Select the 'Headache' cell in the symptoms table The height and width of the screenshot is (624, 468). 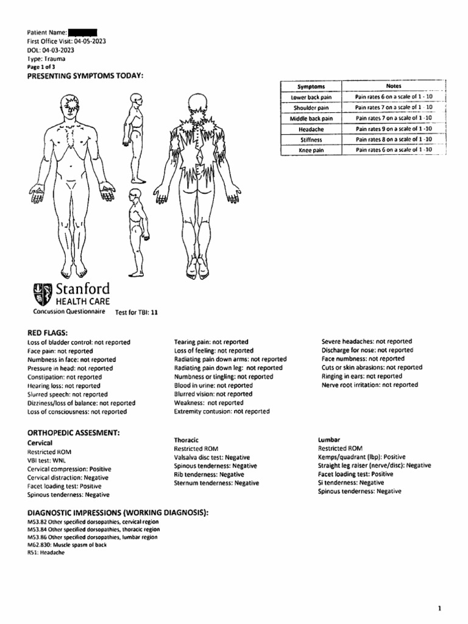point(311,130)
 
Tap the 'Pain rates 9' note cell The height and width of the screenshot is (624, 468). point(394,130)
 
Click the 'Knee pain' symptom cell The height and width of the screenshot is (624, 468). point(311,150)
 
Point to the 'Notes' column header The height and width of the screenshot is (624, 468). point(394,87)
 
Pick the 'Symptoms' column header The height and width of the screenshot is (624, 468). point(311,87)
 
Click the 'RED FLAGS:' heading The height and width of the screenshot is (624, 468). point(48,332)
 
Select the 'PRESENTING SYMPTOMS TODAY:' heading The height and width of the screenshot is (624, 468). point(85,76)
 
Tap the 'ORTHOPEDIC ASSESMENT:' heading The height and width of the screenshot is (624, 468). point(73,432)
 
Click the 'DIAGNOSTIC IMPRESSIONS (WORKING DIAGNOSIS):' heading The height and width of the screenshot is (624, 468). point(118,513)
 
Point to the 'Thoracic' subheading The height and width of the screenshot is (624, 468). point(186,439)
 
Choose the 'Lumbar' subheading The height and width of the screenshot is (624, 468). point(329,439)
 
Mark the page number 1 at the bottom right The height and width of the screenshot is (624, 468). point(439,591)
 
